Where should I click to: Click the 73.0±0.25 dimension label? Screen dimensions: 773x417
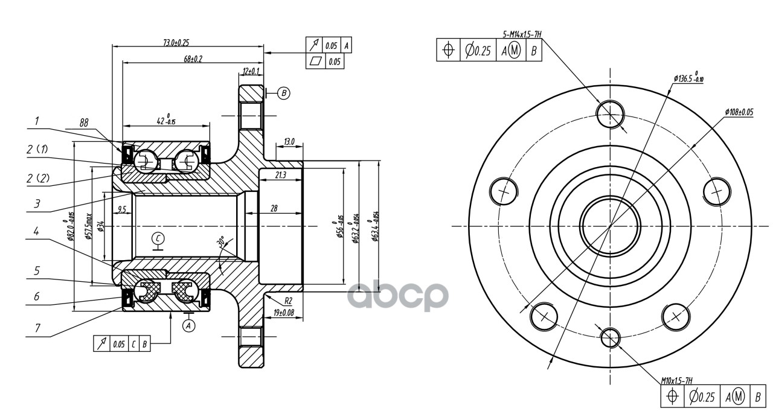[176, 43]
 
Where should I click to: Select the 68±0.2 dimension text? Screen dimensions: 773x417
[193, 59]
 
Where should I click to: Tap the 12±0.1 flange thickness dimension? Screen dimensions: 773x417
[251, 71]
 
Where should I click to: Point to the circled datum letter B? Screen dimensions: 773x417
[284, 93]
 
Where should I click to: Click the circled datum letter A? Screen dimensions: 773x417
[189, 325]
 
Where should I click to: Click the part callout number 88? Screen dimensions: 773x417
[84, 122]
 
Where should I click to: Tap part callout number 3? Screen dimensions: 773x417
[37, 204]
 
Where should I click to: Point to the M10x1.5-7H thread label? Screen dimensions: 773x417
[676, 380]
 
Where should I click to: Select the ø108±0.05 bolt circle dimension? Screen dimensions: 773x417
[739, 112]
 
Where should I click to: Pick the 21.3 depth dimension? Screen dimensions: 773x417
[280, 175]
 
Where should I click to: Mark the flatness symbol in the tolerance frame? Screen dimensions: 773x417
[315, 61]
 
